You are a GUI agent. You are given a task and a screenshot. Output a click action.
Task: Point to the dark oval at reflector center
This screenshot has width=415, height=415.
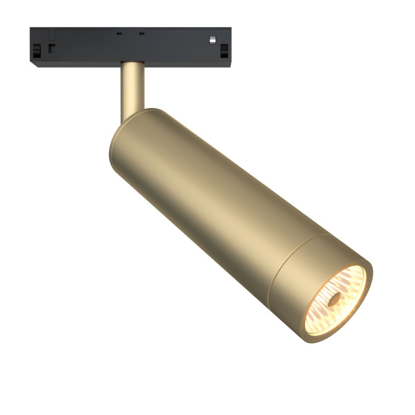click(x=335, y=299)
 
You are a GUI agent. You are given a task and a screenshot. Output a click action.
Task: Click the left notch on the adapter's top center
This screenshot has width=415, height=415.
click(x=118, y=32)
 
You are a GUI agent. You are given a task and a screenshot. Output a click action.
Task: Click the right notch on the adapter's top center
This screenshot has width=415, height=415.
click(x=141, y=32)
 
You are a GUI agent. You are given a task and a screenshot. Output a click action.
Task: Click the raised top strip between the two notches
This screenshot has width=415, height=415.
click(x=129, y=31)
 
